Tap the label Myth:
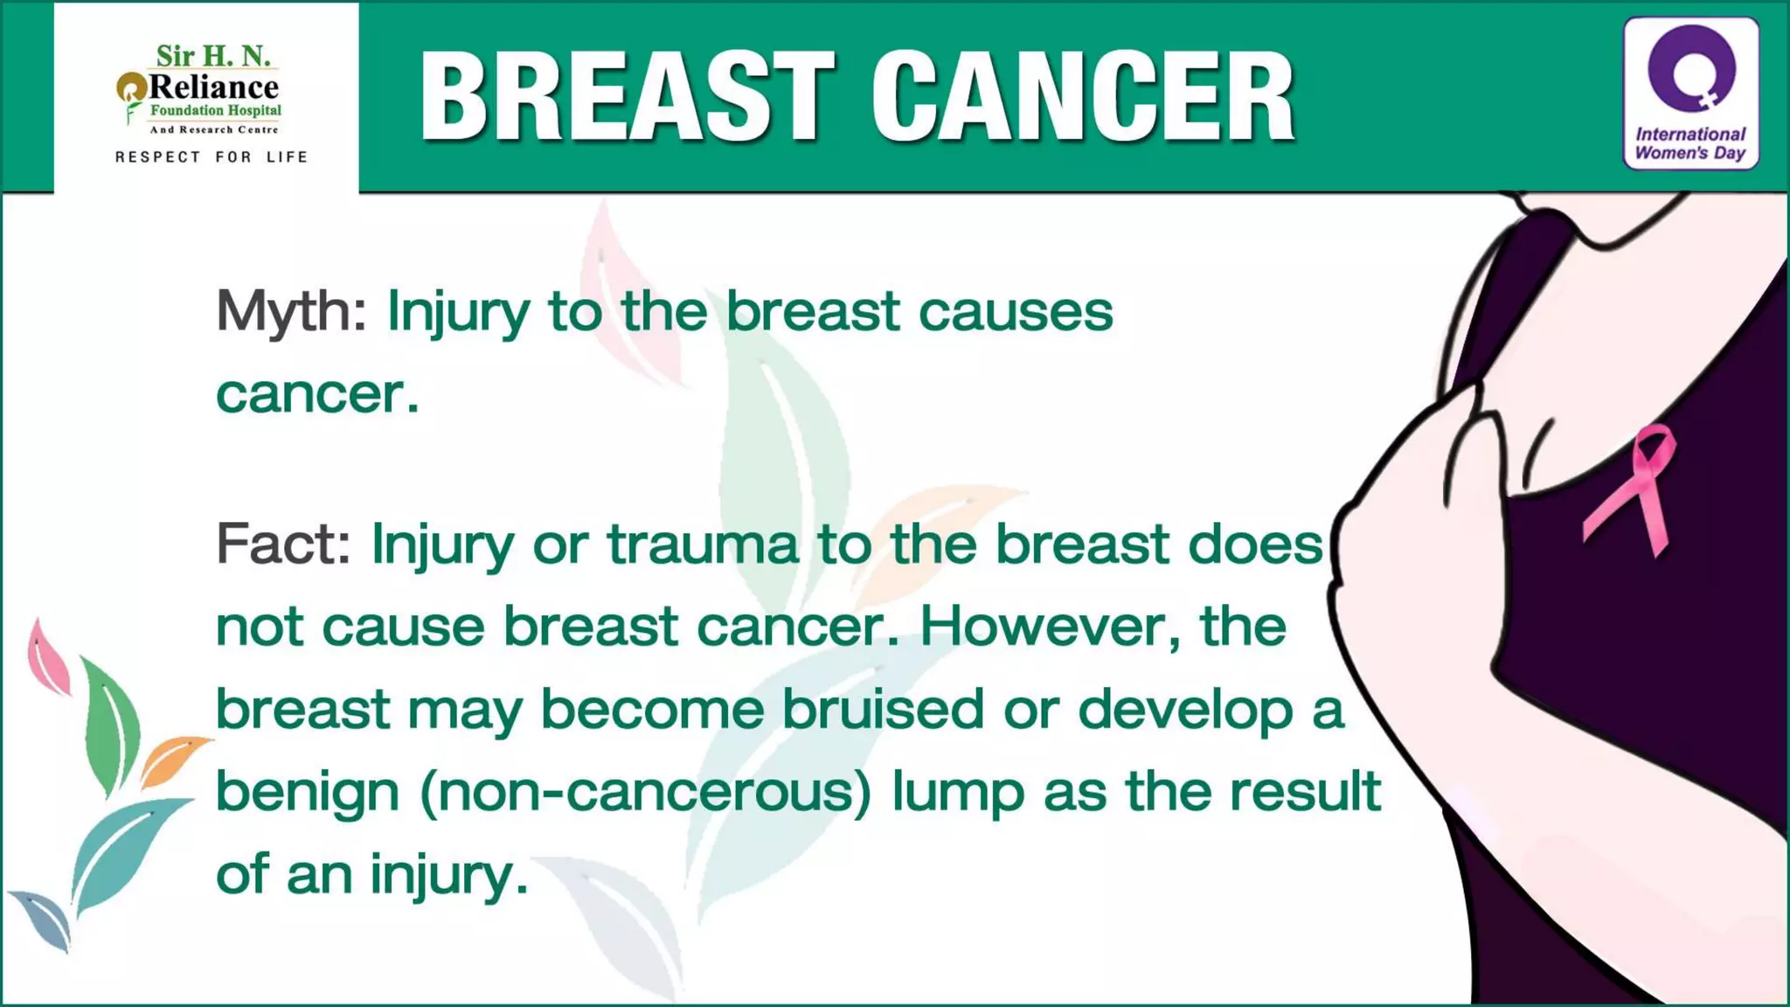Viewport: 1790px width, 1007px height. tap(291, 310)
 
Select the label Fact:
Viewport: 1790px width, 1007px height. tap(283, 544)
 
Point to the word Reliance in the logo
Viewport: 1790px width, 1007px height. tap(213, 87)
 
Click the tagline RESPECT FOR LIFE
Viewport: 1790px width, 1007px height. tap(212, 157)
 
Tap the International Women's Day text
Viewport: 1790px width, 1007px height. tap(1690, 143)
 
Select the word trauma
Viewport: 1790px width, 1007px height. tap(703, 544)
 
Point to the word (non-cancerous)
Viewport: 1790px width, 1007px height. tap(646, 791)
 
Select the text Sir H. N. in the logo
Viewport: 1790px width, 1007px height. tap(213, 56)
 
